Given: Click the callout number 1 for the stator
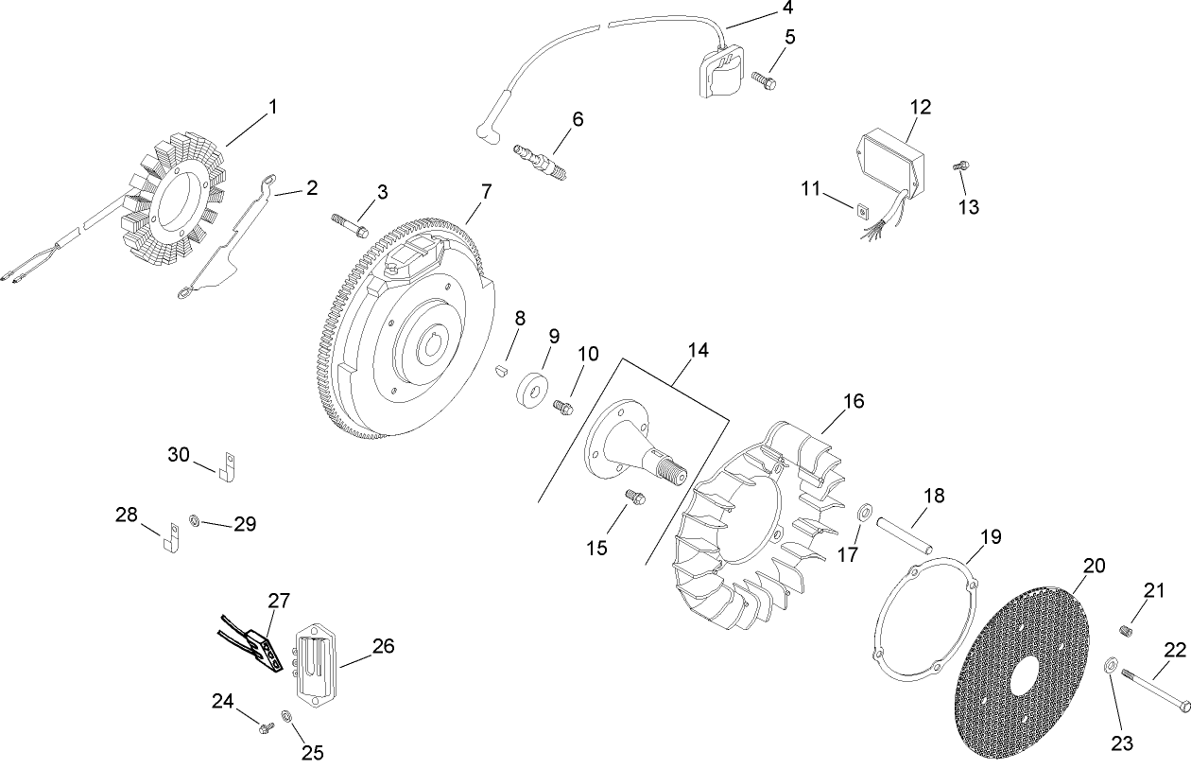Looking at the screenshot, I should pos(273,108).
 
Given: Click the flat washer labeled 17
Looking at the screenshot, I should pos(865,513).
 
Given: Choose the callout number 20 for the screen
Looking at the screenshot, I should pos(1094,566).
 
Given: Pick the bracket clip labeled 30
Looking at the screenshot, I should pos(226,465).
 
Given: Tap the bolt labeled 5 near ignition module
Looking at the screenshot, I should pos(764,80).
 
